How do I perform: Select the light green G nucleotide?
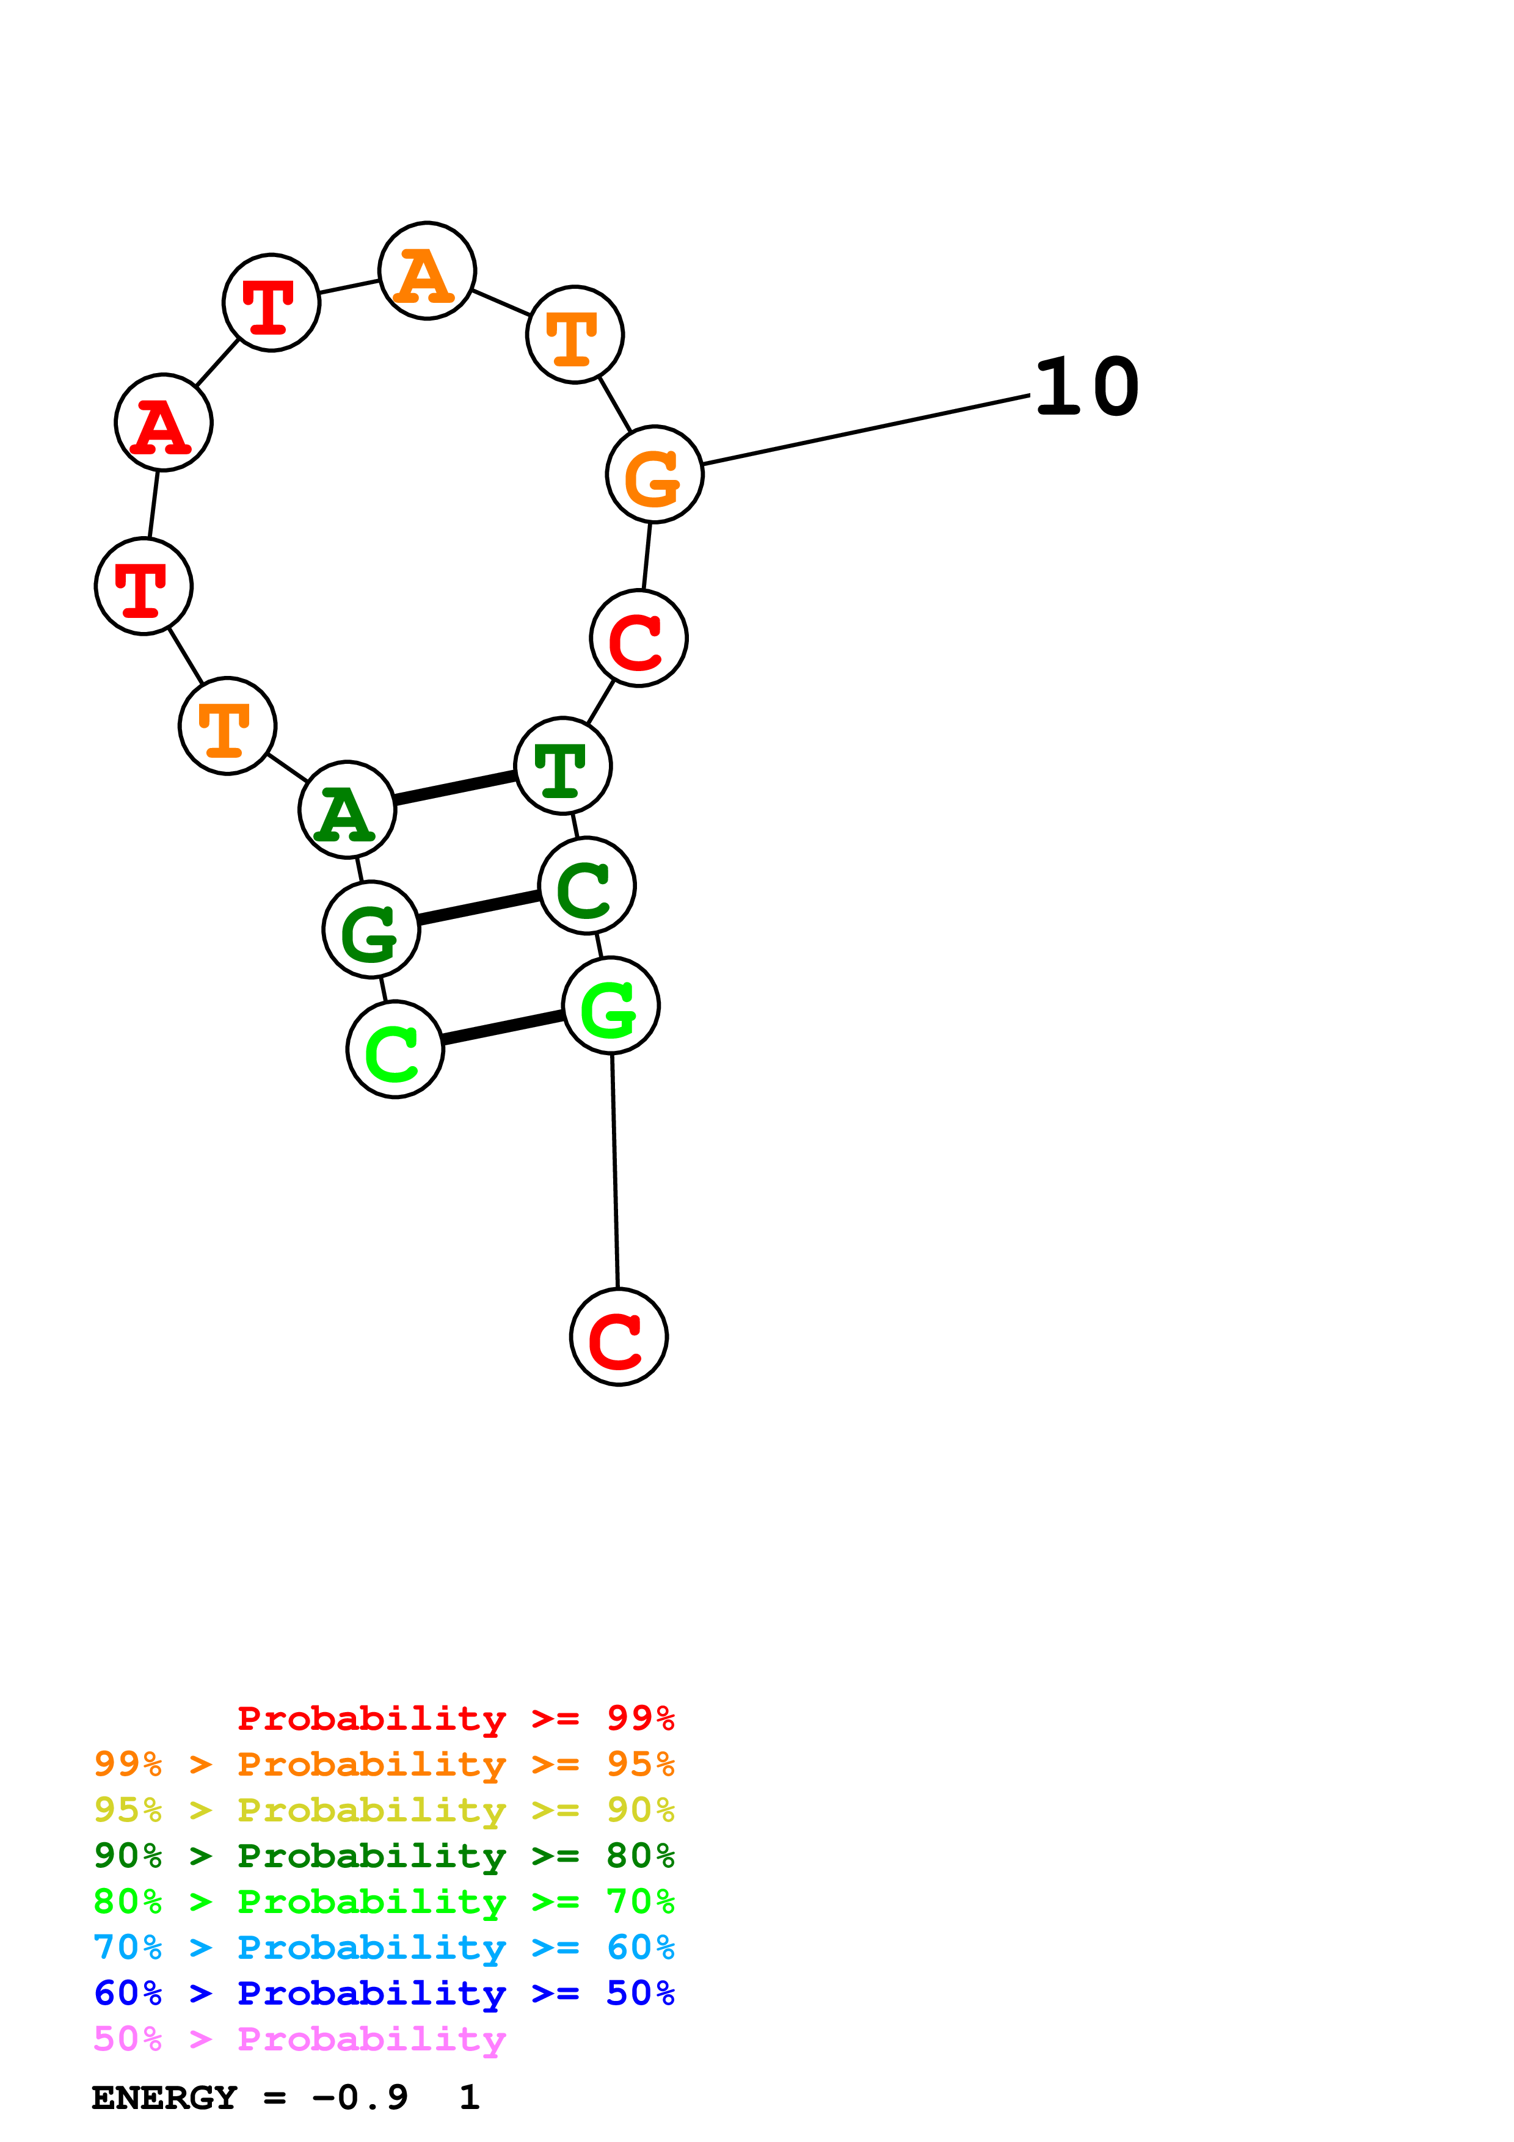tap(611, 1006)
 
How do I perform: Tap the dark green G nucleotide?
tap(371, 929)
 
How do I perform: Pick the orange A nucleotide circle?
tap(428, 270)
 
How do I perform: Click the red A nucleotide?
tap(163, 423)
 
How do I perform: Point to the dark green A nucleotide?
tap(347, 810)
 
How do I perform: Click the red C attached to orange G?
tap(639, 638)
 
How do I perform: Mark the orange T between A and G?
tap(575, 334)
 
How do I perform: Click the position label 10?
tap(1086, 387)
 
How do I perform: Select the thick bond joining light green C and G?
tap(504, 1027)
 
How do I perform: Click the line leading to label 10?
tap(865, 430)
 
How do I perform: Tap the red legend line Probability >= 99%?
tap(455, 1718)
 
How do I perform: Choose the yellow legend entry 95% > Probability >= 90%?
tap(384, 1810)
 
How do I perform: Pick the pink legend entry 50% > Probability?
tap(299, 2039)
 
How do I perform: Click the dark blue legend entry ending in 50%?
tap(384, 1993)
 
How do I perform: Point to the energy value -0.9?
tap(359, 2097)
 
